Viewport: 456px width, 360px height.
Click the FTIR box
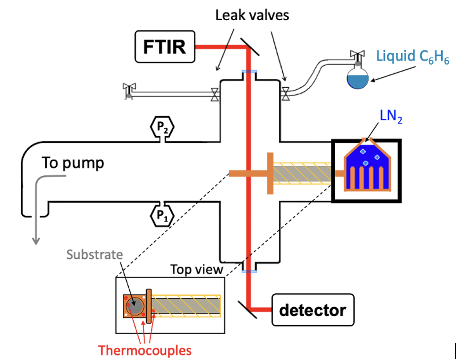[x=165, y=47]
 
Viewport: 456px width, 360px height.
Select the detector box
[x=313, y=310]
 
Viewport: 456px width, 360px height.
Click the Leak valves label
[x=252, y=15]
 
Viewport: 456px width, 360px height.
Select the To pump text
[x=73, y=163]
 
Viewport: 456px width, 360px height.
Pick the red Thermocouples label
[x=144, y=351]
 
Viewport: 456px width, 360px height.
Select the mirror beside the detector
[x=252, y=308]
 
